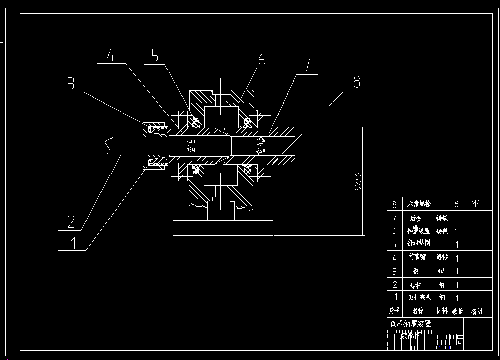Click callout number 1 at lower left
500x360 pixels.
[x=73, y=243]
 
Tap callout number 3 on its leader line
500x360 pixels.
[x=71, y=83]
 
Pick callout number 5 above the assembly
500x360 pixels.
[x=155, y=56]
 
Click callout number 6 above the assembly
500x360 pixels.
[x=262, y=59]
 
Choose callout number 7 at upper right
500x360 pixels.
[x=306, y=65]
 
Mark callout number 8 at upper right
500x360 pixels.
[x=357, y=82]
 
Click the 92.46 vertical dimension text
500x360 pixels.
[x=358, y=181]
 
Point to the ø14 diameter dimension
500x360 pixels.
[x=190, y=146]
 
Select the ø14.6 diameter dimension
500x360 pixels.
[x=259, y=145]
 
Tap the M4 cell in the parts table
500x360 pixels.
[x=475, y=204]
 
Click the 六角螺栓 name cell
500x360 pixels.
[x=419, y=204]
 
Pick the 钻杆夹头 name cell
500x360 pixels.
[x=419, y=298]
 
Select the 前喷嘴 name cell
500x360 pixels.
[x=419, y=257]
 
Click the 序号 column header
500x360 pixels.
[x=395, y=311]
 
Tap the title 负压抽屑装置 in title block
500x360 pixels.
[x=411, y=323]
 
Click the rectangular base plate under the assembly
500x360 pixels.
[x=223, y=228]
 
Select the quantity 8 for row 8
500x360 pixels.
[x=457, y=204]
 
